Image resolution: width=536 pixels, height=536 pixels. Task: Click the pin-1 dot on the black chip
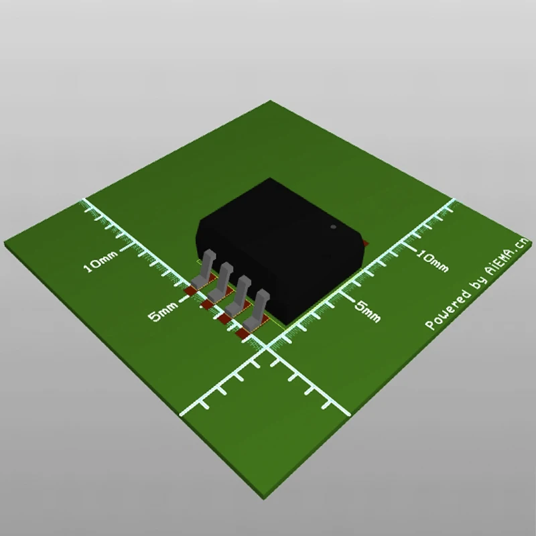coord(333,227)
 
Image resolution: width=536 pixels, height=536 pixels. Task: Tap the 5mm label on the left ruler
coord(163,312)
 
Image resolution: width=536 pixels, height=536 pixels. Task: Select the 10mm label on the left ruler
coord(100,262)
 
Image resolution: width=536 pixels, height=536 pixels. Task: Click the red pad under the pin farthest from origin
coord(191,291)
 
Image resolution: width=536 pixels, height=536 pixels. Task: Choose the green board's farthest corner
coord(271,102)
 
